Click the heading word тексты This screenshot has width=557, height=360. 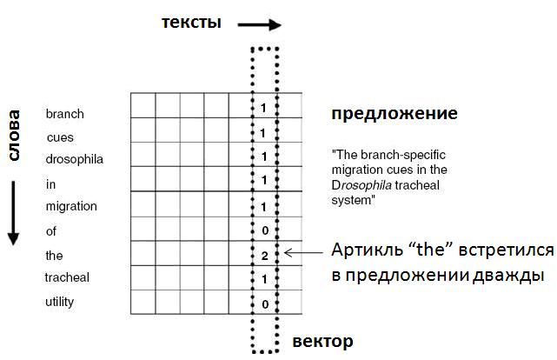point(191,23)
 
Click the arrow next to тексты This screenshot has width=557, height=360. point(260,25)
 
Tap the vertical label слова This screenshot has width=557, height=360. point(14,136)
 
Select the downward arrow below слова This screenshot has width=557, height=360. point(14,213)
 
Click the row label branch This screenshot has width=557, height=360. point(65,114)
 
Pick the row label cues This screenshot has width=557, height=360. point(60,137)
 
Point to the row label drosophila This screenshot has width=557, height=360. point(75,159)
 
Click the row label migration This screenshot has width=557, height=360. point(71,206)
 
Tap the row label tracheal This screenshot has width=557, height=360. point(67,277)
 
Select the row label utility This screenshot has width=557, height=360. point(60,302)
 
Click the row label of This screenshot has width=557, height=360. point(50,231)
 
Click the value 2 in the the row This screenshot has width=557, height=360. point(265,256)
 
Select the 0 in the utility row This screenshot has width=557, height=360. point(265,304)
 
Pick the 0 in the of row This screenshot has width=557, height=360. point(265,230)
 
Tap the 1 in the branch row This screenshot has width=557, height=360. point(263,108)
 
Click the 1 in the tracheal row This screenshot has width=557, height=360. point(264,279)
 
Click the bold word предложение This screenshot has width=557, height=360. point(395,114)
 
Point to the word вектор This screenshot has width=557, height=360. point(322,342)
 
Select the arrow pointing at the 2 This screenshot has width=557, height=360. point(303,253)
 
